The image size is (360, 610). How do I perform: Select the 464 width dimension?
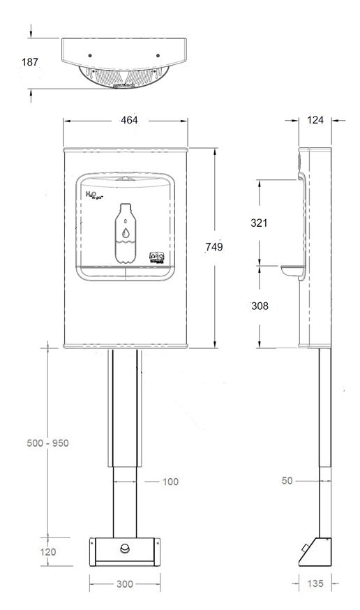[x=128, y=120]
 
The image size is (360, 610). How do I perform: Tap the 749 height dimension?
[x=214, y=246]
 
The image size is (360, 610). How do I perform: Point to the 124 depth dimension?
[x=317, y=120]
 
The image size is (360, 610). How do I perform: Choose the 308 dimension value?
[x=260, y=306]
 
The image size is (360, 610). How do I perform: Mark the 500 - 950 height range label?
[x=47, y=443]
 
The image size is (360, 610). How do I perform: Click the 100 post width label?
[x=170, y=482]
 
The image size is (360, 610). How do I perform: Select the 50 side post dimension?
[x=287, y=481]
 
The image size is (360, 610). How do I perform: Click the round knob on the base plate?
[x=126, y=549]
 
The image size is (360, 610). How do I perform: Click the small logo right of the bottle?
[x=157, y=257]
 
